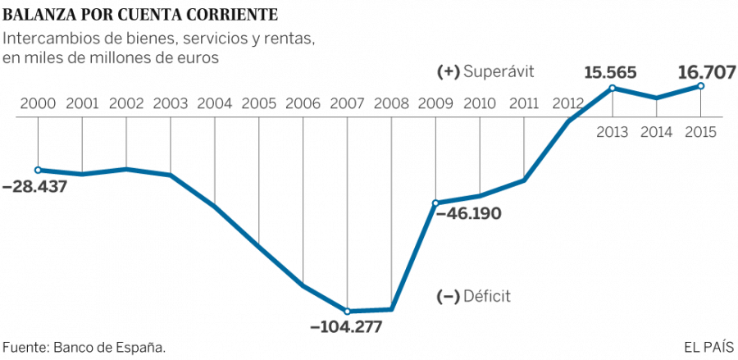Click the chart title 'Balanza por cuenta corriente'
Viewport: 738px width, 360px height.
click(x=140, y=15)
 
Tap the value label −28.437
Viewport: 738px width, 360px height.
click(x=34, y=187)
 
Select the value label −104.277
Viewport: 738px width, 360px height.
click(x=347, y=326)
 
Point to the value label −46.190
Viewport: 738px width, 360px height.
click(x=468, y=213)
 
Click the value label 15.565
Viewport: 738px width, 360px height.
click(x=611, y=72)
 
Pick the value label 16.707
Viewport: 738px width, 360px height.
click(x=706, y=72)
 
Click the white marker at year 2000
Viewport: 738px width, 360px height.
click(x=39, y=170)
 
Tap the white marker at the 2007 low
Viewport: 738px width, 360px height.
click(x=348, y=311)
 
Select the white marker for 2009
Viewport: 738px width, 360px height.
click(x=435, y=203)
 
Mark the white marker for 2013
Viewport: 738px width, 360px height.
click(x=613, y=88)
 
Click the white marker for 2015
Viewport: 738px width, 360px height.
click(x=702, y=85)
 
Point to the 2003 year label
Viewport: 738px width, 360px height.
click(x=171, y=104)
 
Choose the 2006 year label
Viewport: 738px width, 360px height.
click(x=303, y=104)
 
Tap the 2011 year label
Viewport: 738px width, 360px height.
click(x=523, y=104)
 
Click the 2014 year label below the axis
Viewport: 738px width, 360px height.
click(x=657, y=131)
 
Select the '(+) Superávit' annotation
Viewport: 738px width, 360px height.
click(x=486, y=71)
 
